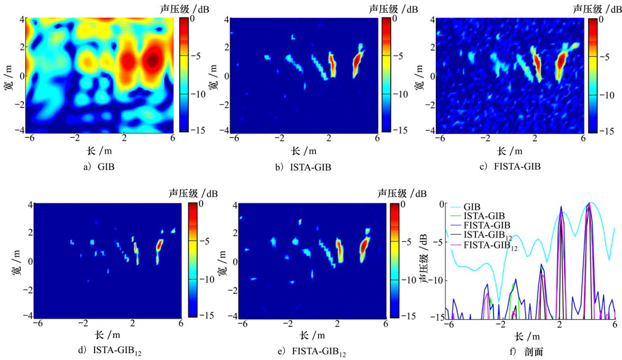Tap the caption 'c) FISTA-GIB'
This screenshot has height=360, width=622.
tap(510, 167)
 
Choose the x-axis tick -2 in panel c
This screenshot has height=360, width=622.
tap(486, 139)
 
